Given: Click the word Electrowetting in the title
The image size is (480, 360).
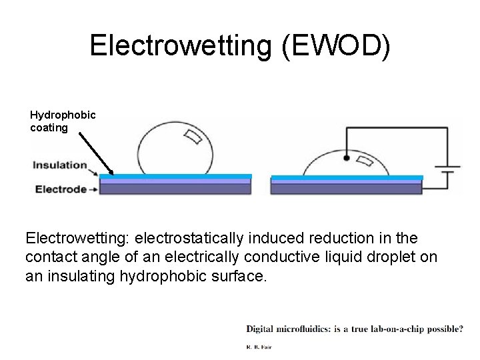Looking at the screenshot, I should [x=175, y=45].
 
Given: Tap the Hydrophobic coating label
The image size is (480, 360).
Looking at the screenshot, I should [x=63, y=121].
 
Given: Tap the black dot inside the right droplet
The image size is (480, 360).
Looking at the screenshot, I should [x=347, y=158].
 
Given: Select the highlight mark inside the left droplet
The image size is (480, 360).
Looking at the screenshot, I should [x=194, y=137].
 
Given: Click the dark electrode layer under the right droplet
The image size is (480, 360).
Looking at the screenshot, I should [x=346, y=189].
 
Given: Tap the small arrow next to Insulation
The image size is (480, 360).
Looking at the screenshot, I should [x=95, y=171].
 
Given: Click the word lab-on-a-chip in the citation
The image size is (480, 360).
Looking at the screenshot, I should [x=387, y=328].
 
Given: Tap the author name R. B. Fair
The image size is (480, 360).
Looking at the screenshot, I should [x=260, y=347].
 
